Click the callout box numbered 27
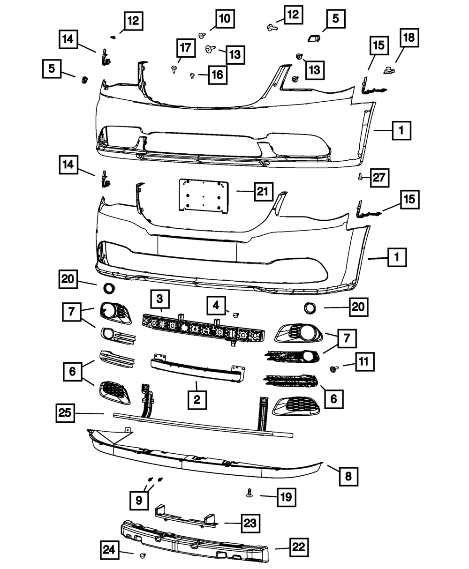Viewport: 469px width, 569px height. pos(381,178)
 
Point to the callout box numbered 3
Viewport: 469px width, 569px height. pos(160,299)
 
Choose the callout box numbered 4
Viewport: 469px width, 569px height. pos(216,306)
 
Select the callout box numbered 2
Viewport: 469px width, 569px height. pos(197,399)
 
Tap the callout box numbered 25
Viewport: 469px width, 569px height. pos(65,413)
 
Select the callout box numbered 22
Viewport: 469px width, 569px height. pos(299,547)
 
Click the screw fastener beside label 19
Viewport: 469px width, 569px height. pos(249,492)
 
